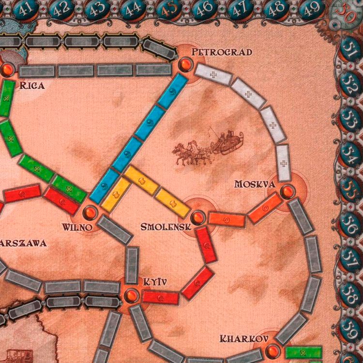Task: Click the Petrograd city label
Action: point(222,52)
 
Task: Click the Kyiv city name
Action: point(155,281)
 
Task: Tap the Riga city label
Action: point(32,86)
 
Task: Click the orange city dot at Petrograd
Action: point(184,64)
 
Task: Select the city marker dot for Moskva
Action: point(287,192)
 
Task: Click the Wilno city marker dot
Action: point(90,212)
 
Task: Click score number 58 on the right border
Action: point(349,290)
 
